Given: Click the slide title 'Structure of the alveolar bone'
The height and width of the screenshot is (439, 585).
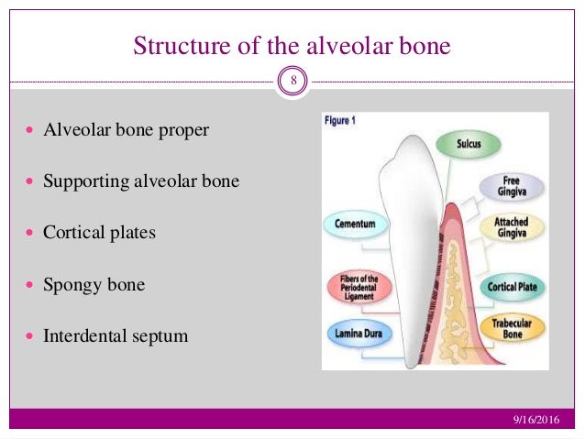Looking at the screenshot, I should click(292, 45).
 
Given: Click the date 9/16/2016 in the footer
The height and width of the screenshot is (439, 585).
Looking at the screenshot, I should click(535, 420).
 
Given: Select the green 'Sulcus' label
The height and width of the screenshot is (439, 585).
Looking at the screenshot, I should click(468, 144).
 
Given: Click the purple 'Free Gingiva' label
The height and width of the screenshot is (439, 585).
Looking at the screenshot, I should click(511, 187).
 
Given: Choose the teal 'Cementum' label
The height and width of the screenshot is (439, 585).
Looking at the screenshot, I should click(356, 224).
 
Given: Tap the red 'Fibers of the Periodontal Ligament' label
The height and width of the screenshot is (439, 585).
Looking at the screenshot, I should click(358, 287).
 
